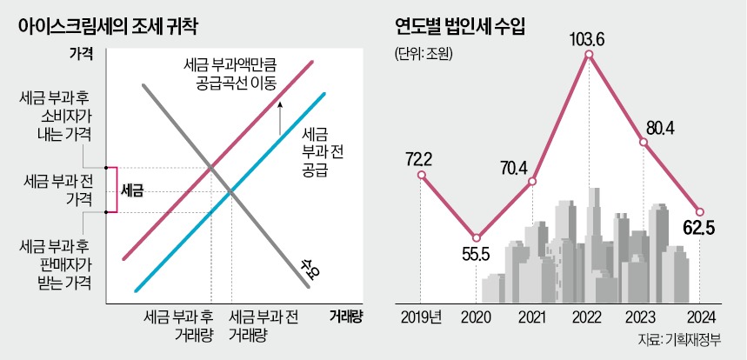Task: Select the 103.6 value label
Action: (x=590, y=38)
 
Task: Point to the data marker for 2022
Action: (x=590, y=55)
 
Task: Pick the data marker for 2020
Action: (x=476, y=237)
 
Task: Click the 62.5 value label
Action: (x=700, y=231)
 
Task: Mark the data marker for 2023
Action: (x=644, y=143)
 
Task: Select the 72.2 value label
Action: (x=421, y=158)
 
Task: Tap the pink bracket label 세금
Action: (x=132, y=189)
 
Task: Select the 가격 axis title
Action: (x=83, y=53)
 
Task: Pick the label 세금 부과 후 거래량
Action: (x=178, y=326)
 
